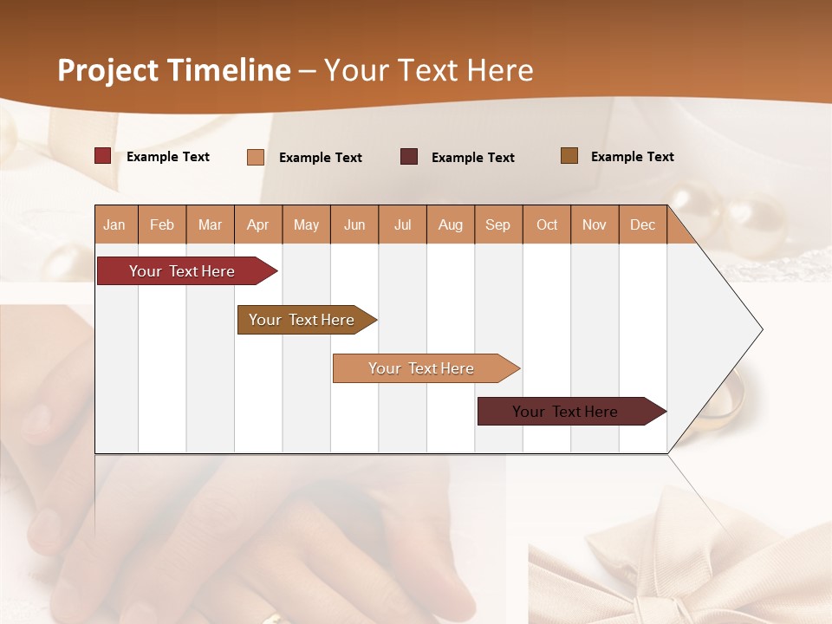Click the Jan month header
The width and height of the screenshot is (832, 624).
(114, 224)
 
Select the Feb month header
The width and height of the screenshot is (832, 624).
(162, 224)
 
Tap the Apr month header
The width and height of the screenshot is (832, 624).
(257, 224)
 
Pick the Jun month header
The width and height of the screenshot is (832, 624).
(354, 224)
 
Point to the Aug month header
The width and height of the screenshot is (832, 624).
(450, 224)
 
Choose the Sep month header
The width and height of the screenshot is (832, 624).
(497, 224)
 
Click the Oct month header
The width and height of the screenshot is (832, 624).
(546, 224)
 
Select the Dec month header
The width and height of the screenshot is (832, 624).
(642, 224)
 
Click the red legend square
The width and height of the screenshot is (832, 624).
(103, 156)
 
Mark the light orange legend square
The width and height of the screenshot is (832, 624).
(256, 157)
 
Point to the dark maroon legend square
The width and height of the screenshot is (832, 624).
(409, 157)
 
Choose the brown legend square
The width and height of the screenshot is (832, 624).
(569, 156)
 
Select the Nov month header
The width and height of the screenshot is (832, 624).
(594, 224)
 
